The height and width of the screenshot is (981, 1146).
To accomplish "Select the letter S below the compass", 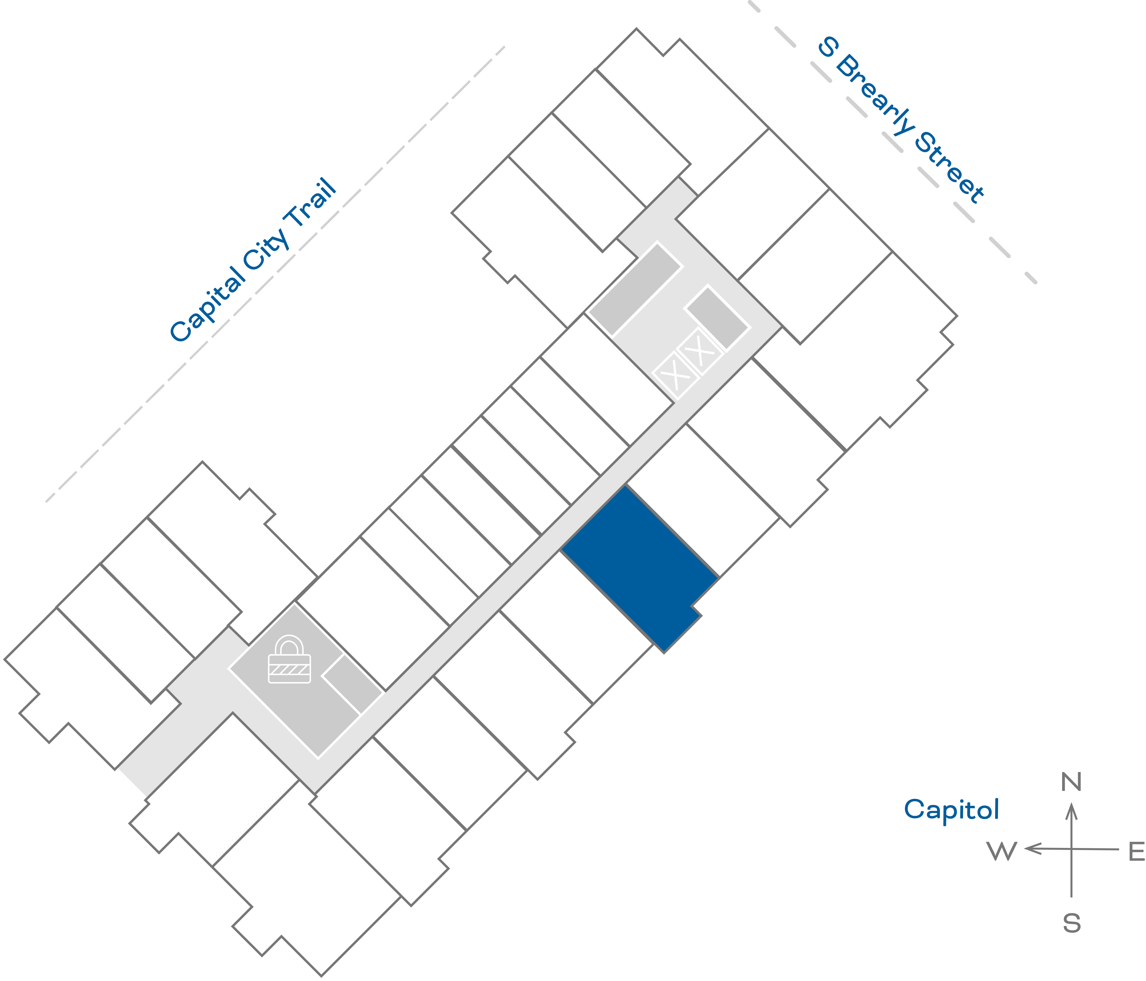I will point(1071,923).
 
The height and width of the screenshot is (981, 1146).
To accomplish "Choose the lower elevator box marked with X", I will point(675,375).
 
